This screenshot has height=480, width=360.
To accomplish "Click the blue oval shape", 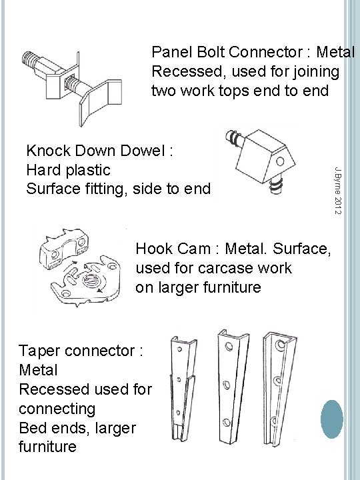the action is point(332,419).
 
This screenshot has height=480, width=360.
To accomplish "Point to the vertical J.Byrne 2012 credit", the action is point(338,191).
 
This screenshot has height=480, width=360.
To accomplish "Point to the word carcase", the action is point(226,268).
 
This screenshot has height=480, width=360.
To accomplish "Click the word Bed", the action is point(33,427).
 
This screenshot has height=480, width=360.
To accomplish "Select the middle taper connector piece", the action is point(233,387).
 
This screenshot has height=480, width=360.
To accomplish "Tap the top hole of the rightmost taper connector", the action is point(280,345).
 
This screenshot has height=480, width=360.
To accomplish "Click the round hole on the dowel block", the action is point(280,161).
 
